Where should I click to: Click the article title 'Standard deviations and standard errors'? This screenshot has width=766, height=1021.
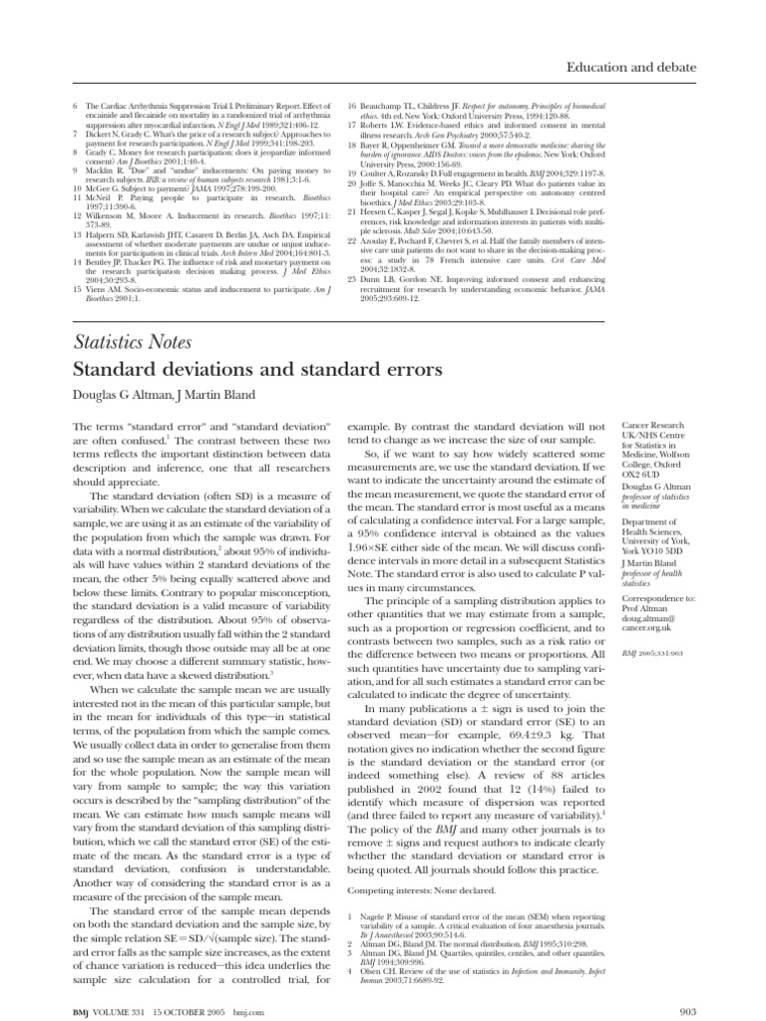257,370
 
